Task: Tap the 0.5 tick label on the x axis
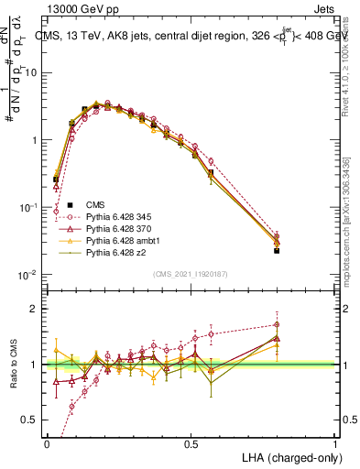pos(191,442)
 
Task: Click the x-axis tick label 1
pos(336,442)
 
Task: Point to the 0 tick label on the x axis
pos(47,442)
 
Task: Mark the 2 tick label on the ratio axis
pos(36,309)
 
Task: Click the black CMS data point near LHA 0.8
pos(278,250)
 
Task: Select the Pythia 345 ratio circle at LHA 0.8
pos(278,324)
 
